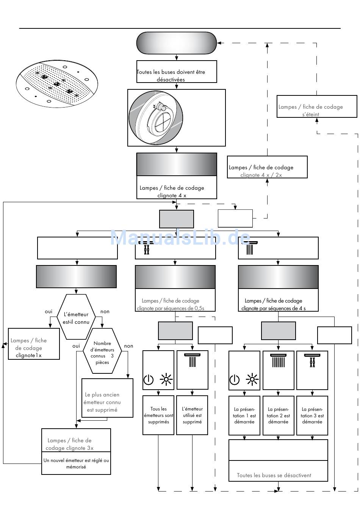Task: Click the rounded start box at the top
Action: pyautogui.click(x=176, y=43)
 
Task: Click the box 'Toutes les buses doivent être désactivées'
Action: pyautogui.click(x=177, y=72)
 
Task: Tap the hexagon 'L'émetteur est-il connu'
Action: pyautogui.click(x=76, y=317)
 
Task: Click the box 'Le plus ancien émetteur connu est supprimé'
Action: pyautogui.click(x=107, y=398)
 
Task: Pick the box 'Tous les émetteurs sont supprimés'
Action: pyautogui.click(x=158, y=415)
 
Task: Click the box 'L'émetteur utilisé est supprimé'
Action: pyautogui.click(x=192, y=415)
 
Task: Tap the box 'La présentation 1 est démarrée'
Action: pyautogui.click(x=244, y=415)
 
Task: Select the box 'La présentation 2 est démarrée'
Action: pyautogui.click(x=278, y=415)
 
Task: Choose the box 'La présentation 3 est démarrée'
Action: pyautogui.click(x=312, y=415)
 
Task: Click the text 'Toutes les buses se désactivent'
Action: pyautogui.click(x=274, y=475)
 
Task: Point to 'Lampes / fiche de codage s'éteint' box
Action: pyautogui.click(x=316, y=106)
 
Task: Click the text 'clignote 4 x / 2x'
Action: pyautogui.click(x=261, y=175)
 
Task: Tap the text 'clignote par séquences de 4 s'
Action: pyautogui.click(x=273, y=308)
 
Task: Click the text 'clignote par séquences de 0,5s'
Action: pyautogui.click(x=171, y=308)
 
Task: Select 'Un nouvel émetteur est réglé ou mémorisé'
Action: pyautogui.click(x=76, y=463)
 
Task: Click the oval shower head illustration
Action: pyautogui.click(x=57, y=84)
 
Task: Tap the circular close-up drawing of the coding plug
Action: pyautogui.click(x=156, y=117)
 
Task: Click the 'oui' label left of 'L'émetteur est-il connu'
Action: pyautogui.click(x=49, y=311)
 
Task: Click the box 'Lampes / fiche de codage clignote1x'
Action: pyautogui.click(x=34, y=344)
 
